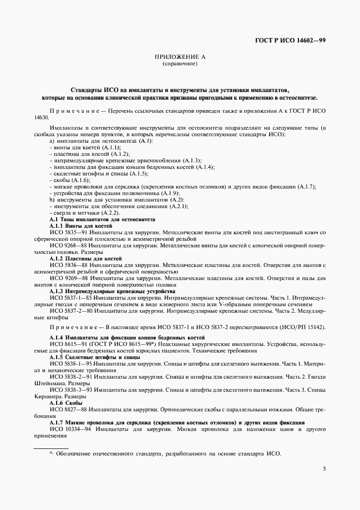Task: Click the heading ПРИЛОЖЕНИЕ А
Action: pyautogui.click(x=180, y=57)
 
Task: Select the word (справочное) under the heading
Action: pyautogui.click(x=180, y=64)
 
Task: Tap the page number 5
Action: pyautogui.click(x=324, y=469)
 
